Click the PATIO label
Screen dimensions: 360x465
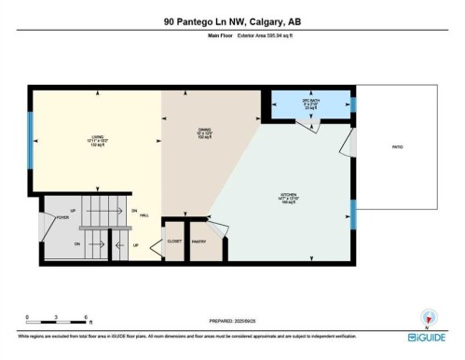[x=397, y=146]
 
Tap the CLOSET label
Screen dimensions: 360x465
[x=174, y=242]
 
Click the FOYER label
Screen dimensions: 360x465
[x=62, y=217]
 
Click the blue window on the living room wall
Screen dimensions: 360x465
[x=30, y=140]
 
